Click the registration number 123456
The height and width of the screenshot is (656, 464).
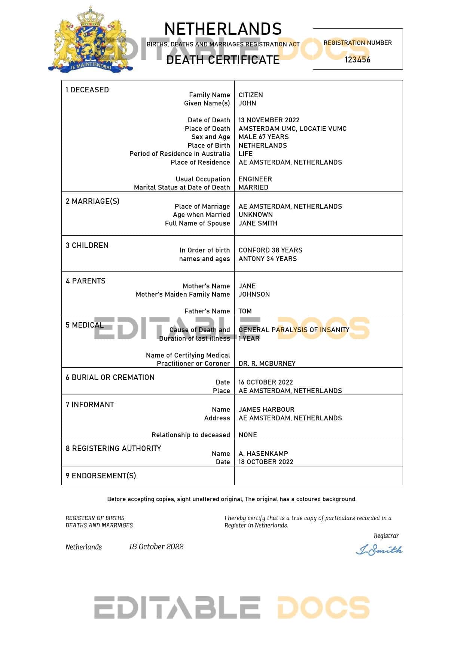click(357, 60)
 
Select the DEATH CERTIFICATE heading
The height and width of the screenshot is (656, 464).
click(223, 60)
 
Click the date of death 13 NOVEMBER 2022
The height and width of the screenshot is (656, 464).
click(269, 120)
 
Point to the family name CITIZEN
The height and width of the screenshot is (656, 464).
click(251, 95)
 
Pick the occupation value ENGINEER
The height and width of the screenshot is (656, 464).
click(255, 179)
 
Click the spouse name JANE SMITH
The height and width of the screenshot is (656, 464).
click(258, 223)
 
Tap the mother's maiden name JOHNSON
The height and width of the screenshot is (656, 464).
click(254, 294)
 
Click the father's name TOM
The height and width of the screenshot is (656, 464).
click(245, 311)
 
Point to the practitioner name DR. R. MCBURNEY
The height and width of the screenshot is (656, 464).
click(267, 364)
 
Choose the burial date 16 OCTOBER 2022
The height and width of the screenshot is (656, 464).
click(266, 382)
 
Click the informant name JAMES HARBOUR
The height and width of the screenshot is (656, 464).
click(266, 410)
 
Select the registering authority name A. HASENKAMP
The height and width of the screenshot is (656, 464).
click(263, 454)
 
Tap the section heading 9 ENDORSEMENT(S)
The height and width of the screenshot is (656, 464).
click(101, 476)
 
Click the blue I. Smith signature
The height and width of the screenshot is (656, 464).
click(379, 550)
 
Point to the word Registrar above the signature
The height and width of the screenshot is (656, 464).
click(386, 536)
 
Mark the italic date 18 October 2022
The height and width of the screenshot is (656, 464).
click(156, 547)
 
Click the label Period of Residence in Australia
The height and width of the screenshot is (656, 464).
click(180, 154)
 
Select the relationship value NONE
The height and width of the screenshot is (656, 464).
click(248, 435)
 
